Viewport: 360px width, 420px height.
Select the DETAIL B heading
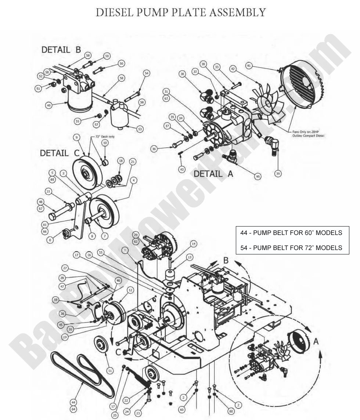61,50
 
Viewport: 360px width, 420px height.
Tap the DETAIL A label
213,174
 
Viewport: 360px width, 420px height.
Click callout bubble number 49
48,105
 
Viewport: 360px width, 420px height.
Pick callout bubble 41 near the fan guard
249,66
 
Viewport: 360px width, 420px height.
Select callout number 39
277,173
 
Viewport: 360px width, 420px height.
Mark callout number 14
193,244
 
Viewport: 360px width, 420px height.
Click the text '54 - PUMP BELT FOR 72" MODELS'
292,247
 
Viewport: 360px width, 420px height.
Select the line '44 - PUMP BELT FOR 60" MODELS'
292,232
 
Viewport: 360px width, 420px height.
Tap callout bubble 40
258,177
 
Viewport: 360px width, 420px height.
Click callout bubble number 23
138,413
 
